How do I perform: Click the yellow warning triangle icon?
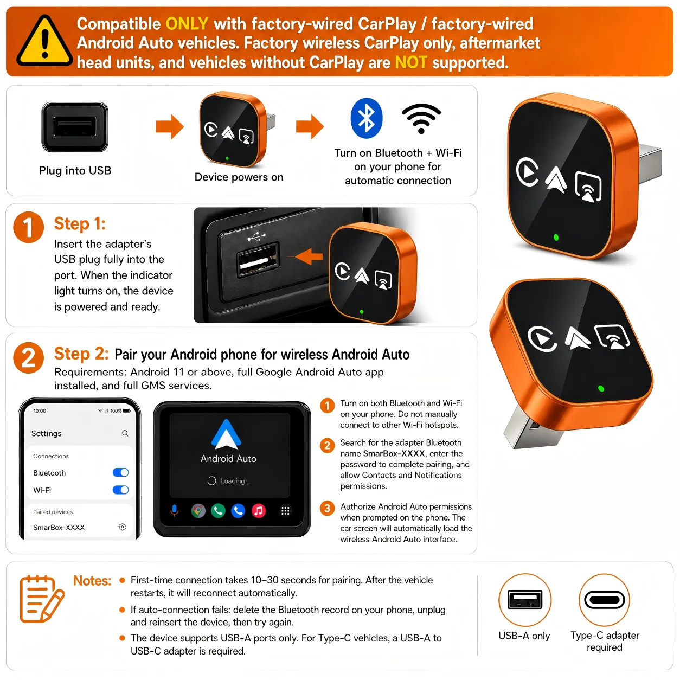(44, 41)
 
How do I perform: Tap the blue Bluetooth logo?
(366, 118)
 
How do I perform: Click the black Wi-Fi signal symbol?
(421, 118)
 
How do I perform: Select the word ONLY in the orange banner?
(187, 24)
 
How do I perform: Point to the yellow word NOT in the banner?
(411, 62)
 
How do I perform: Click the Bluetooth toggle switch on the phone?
(120, 472)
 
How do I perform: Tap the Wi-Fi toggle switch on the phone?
(120, 490)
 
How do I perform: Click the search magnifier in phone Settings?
(125, 433)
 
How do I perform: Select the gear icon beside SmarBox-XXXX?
(122, 527)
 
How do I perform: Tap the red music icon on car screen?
(258, 510)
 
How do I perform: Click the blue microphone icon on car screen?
(174, 510)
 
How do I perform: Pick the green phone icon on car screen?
(218, 510)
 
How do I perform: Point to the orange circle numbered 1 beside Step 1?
(29, 227)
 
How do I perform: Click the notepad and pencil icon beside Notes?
(42, 599)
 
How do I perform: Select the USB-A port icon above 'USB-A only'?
(524, 599)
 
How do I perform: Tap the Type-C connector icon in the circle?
(604, 600)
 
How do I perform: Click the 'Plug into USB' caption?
(75, 170)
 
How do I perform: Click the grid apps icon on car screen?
(285, 510)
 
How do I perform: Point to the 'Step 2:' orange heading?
(81, 354)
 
